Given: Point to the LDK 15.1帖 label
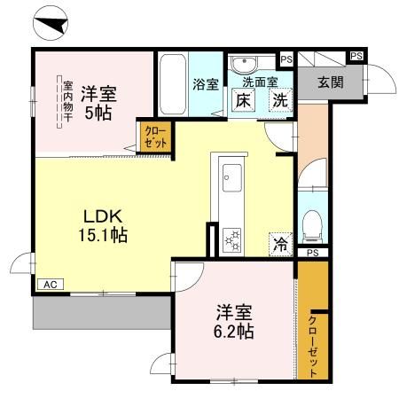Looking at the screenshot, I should coord(104,226).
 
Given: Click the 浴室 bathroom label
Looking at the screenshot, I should coord(205,85).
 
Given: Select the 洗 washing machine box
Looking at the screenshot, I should coord(280,100).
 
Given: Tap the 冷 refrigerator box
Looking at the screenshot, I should coord(279,241).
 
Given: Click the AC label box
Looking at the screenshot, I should coord(50,285).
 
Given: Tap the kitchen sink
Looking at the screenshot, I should coord(232,176).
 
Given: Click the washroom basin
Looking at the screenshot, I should coord(241,63).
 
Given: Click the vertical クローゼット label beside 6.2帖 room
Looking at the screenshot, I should coord(313,345).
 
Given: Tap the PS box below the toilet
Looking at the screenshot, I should coord(312,253).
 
